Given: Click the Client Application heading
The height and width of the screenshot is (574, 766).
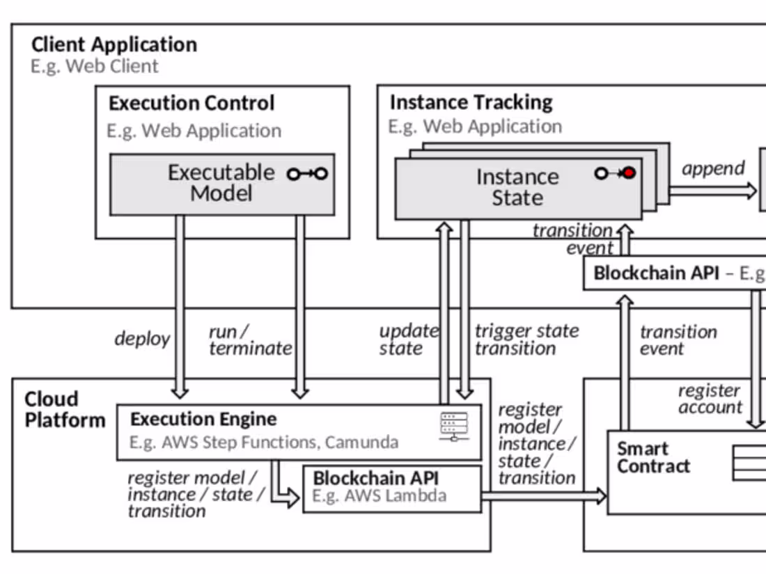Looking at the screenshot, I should pos(114,45).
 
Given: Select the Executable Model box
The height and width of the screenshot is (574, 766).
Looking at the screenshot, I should pos(221,184).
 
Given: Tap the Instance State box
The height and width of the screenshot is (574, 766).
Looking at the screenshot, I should pos(517,188).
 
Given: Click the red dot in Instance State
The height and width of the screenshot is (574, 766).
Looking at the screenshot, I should pos(630,173).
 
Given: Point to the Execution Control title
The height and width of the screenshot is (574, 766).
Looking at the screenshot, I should pos(191,104).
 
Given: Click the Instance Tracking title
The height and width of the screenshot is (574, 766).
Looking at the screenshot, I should pos(471,102).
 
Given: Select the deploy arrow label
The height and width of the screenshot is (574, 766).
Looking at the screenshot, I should pos(142,339).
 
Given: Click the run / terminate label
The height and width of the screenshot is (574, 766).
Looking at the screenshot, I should pos(250,340).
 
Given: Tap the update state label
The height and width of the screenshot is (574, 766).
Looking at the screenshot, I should pos(409,340).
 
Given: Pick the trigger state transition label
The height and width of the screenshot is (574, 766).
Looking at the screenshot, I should pos(526,340).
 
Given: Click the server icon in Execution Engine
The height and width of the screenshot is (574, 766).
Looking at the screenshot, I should pos(454,426).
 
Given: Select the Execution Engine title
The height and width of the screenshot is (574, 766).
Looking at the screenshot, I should pos(203,420).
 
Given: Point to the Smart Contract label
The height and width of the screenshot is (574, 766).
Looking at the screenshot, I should pos(653,457).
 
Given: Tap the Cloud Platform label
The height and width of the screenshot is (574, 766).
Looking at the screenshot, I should pos(65,410).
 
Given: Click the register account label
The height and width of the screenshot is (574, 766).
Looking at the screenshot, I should pos(710,399).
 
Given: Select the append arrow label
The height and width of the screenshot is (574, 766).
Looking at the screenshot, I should pos(713,168).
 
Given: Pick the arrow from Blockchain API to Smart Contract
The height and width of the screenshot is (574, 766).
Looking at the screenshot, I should pos(543,496).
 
